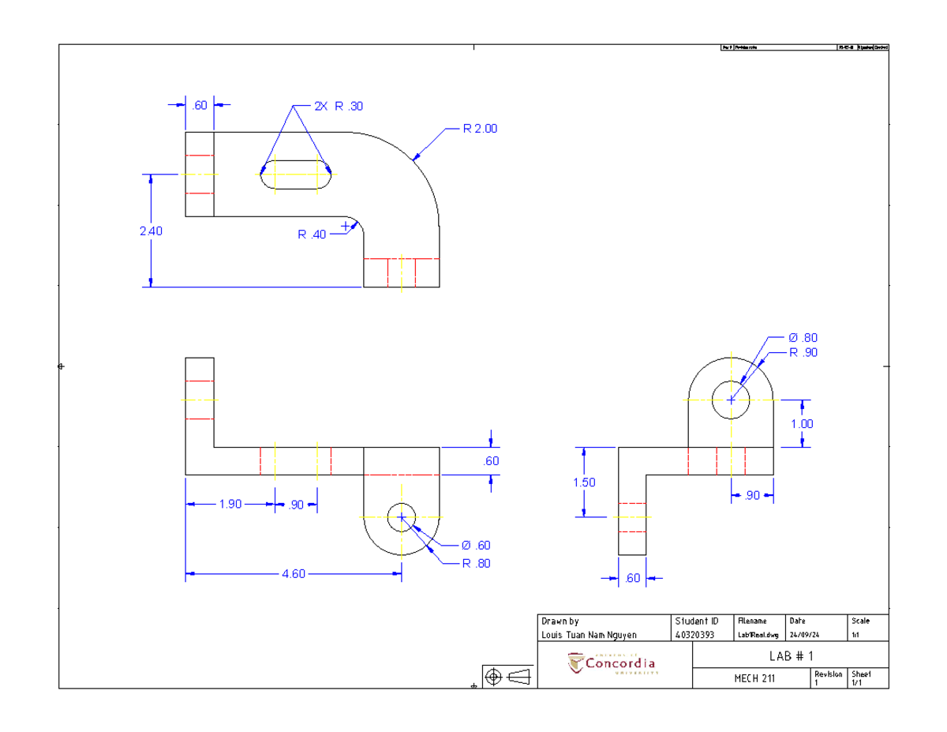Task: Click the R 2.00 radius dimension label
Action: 480,128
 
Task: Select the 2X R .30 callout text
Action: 339,107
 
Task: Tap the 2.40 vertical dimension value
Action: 152,231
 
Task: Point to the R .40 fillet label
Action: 311,235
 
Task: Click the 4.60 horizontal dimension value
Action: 293,574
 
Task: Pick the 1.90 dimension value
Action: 230,505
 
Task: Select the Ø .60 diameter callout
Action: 476,545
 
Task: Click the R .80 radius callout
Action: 476,563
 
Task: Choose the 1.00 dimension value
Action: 802,423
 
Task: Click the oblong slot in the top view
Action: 296,174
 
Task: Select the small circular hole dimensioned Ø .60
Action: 402,517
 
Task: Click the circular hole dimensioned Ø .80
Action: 731,400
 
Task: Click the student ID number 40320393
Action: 694,635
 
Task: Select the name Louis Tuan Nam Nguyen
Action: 589,635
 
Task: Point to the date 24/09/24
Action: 803,635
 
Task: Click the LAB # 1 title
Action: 790,656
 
